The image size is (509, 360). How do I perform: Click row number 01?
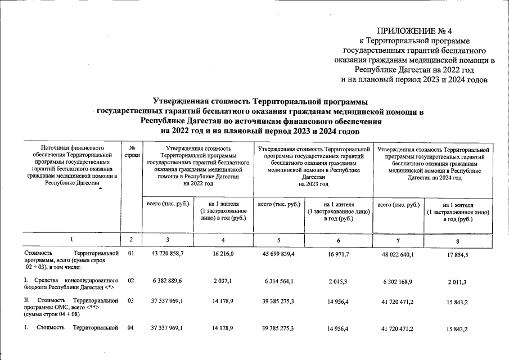click(x=131, y=254)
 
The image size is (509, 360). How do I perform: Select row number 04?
click(x=131, y=327)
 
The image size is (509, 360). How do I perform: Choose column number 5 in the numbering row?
click(x=280, y=240)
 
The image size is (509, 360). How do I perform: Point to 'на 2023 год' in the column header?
click(x=314, y=184)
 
